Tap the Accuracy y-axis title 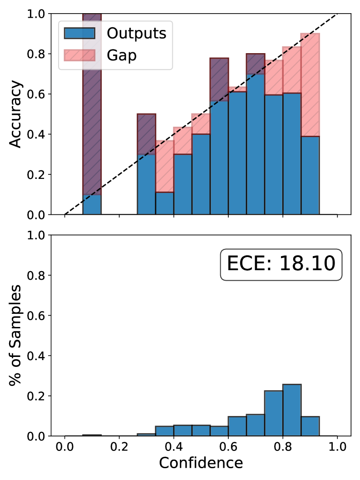point(16,114)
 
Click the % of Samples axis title point(16,336)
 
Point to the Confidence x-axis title point(201,463)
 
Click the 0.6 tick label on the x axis point(228,446)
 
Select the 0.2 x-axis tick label point(119,446)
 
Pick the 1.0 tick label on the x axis point(337,446)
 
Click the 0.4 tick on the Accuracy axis point(40,134)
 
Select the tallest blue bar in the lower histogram point(292,410)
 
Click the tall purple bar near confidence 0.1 point(92,104)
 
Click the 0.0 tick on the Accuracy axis point(40,214)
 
